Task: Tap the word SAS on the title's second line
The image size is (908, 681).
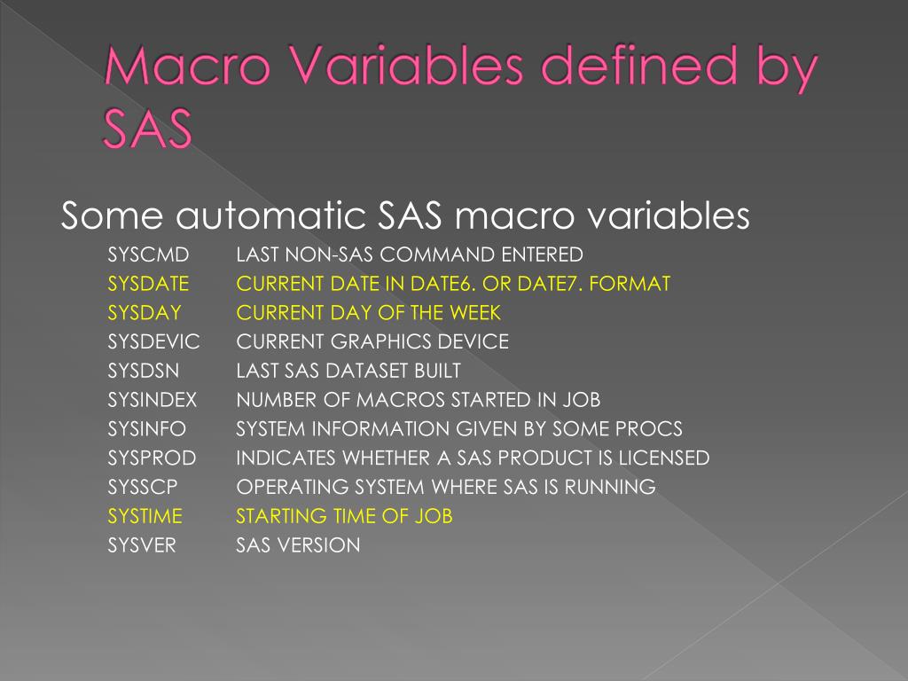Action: pyautogui.click(x=147, y=129)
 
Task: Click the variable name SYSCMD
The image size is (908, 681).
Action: pyautogui.click(x=148, y=255)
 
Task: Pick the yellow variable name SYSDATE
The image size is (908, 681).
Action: pyautogui.click(x=149, y=285)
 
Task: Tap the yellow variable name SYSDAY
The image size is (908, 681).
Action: pyautogui.click(x=145, y=313)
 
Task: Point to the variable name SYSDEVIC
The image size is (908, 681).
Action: pyautogui.click(x=154, y=342)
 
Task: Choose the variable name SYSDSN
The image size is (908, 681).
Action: pyautogui.click(x=144, y=371)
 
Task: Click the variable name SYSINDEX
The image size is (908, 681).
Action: pyautogui.click(x=153, y=400)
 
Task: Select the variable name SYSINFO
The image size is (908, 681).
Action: pyautogui.click(x=147, y=429)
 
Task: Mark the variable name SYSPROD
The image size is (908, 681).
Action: pyautogui.click(x=152, y=458)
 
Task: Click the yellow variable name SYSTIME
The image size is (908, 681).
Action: pyautogui.click(x=146, y=516)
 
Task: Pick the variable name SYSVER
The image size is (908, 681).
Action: pyautogui.click(x=142, y=545)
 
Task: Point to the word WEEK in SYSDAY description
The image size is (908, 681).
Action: pyautogui.click(x=475, y=313)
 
